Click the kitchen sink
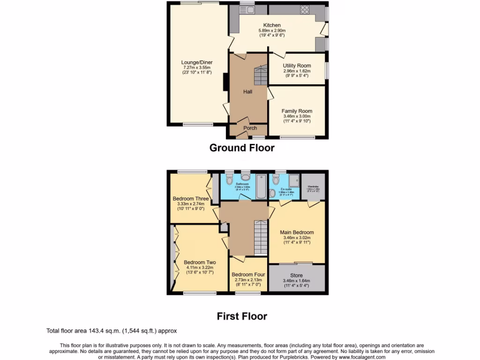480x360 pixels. pos(247,9)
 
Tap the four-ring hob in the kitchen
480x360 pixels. pos(305,9)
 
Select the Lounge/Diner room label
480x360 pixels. pos(197,62)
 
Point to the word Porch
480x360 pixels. pos(250,128)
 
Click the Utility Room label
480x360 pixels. pos(297,66)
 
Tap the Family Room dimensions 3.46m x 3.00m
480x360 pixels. pos(297,116)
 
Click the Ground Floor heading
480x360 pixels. pos(241,148)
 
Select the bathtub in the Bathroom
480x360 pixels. pos(260,186)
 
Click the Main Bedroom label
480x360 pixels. pos(297,232)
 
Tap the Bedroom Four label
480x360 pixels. pos(248,275)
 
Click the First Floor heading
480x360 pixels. pos(241,316)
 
